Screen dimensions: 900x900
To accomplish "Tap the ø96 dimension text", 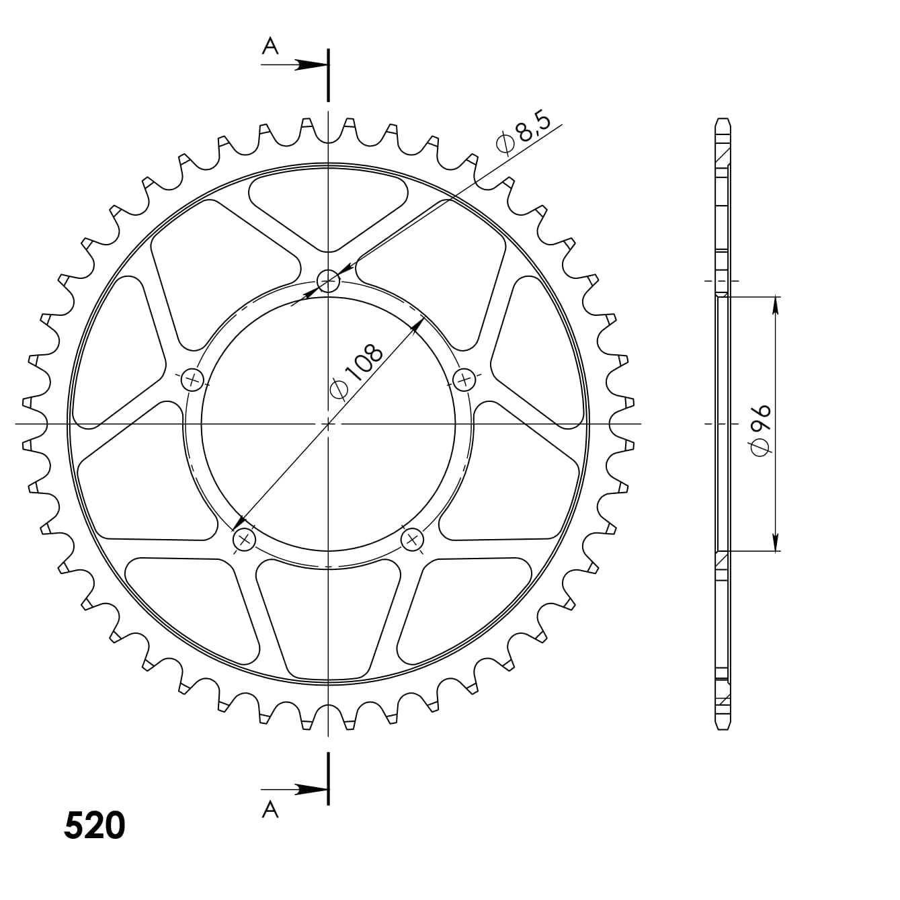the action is point(760,430).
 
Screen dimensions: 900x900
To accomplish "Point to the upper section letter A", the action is point(270,46).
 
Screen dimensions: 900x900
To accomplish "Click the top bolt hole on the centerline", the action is point(328,281).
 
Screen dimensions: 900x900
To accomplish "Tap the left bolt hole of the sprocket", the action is point(192,379).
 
